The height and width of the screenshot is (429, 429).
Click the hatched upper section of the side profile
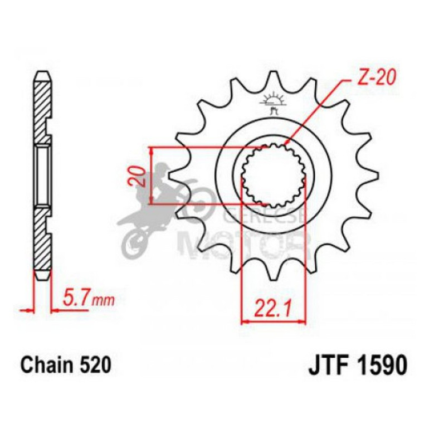click(43, 109)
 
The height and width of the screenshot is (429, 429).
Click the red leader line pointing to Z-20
click(315, 111)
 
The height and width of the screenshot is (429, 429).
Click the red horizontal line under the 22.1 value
click(273, 321)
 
